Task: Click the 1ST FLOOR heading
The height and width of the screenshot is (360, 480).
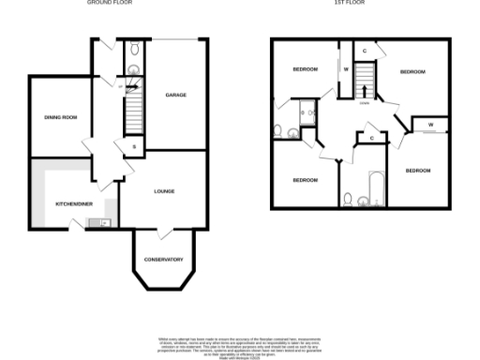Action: (x=350, y=3)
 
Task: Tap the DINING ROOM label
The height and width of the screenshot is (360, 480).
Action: (x=60, y=117)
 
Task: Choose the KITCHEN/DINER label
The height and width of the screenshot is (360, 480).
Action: (x=59, y=203)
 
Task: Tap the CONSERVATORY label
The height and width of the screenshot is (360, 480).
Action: (x=162, y=260)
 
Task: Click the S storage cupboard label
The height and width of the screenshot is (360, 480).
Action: (x=134, y=147)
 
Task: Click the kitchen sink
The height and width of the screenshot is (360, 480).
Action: (x=98, y=223)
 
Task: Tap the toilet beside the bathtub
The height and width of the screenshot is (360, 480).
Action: (x=349, y=199)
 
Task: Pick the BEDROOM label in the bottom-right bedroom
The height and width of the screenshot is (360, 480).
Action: (x=417, y=171)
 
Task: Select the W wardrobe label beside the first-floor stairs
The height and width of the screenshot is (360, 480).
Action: (x=345, y=69)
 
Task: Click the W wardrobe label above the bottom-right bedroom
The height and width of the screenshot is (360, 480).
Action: (x=430, y=125)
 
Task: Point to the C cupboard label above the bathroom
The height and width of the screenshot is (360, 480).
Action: (x=372, y=138)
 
